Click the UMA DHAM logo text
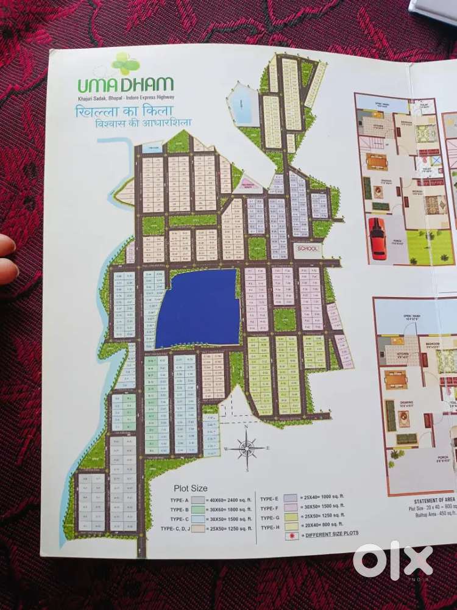126,84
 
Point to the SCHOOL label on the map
307,249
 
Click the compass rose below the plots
247,448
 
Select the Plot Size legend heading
191,488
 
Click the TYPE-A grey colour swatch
198,499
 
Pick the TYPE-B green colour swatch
198,509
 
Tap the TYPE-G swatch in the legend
290,515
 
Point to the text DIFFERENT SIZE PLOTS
333,534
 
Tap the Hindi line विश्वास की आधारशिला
147,123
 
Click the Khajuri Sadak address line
126,98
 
